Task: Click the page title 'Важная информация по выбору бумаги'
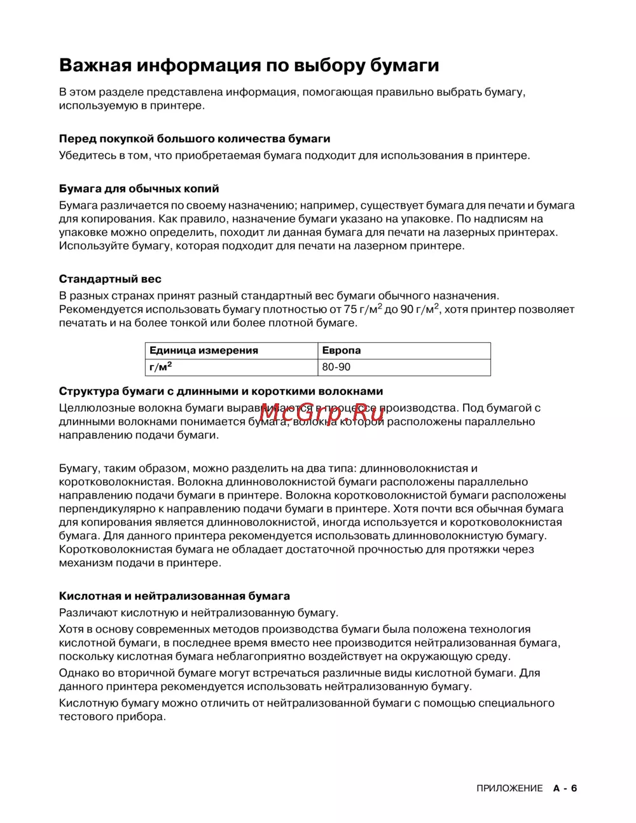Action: (x=249, y=66)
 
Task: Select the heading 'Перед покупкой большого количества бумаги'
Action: (x=195, y=139)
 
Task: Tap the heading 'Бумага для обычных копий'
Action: (x=139, y=189)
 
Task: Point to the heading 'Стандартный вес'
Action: (x=110, y=279)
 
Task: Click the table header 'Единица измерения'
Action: (x=204, y=350)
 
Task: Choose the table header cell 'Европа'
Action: (x=342, y=350)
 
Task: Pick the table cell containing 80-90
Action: (x=336, y=367)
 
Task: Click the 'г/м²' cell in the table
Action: (x=161, y=367)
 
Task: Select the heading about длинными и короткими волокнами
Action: (x=221, y=392)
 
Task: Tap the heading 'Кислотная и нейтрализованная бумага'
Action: (x=174, y=597)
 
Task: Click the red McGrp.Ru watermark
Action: (x=322, y=413)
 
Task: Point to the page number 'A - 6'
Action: (x=565, y=789)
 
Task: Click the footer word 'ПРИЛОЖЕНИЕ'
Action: (x=509, y=789)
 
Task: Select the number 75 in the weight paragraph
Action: (x=350, y=310)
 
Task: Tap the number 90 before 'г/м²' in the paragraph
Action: (x=407, y=310)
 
